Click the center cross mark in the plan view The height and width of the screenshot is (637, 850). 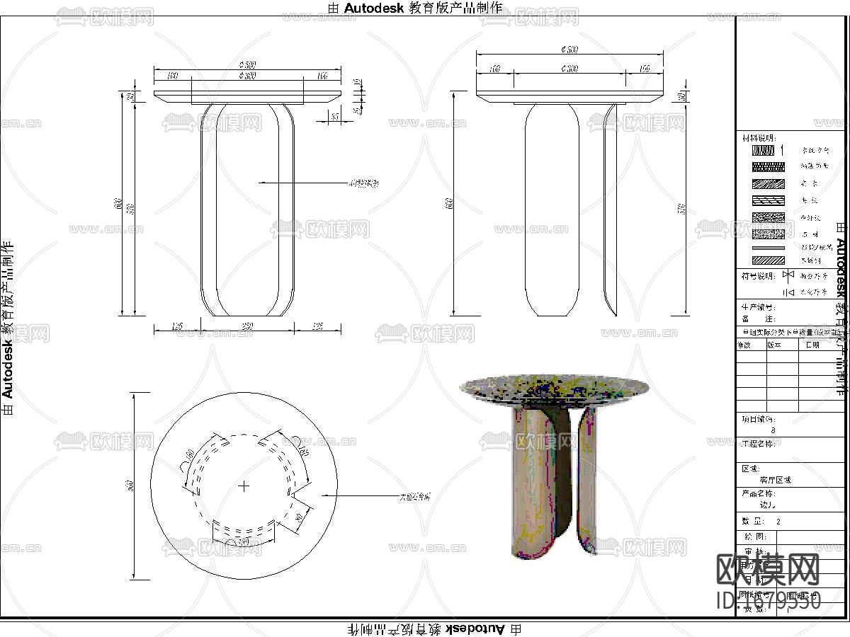pos(244,486)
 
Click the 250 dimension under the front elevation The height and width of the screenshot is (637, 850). pos(247,326)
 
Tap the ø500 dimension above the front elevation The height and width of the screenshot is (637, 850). pos(247,64)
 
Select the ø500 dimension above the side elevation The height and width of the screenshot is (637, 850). pos(569,50)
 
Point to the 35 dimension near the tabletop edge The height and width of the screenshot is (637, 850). pos(335,116)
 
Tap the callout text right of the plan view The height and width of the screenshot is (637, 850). pos(415,497)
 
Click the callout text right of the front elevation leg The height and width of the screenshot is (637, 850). pos(363,183)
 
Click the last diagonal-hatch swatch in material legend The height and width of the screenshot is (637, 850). pos(768,260)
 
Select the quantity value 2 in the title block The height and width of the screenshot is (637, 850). pos(778,521)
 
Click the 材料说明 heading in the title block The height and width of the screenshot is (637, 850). pos(758,137)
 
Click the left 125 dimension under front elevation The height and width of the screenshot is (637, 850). pos(177,326)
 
